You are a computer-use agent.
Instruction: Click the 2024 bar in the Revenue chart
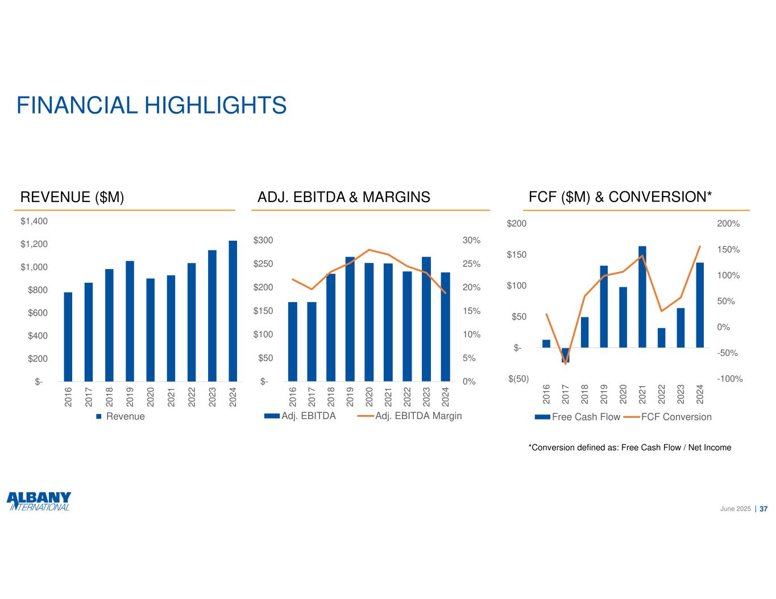pyautogui.click(x=233, y=311)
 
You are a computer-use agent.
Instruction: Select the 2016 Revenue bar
pyautogui.click(x=68, y=337)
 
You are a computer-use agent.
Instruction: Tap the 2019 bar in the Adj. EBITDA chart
pyautogui.click(x=350, y=319)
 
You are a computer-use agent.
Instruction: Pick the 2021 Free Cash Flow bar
pyautogui.click(x=642, y=297)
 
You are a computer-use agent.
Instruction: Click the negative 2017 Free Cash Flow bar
pyautogui.click(x=565, y=355)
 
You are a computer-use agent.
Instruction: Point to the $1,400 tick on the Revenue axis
pyautogui.click(x=35, y=221)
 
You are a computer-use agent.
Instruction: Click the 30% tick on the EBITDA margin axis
pyautogui.click(x=471, y=241)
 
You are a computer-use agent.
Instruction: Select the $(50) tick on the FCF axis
pyautogui.click(x=518, y=379)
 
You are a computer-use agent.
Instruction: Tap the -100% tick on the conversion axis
pyautogui.click(x=730, y=379)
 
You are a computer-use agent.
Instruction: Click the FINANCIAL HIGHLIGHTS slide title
pyautogui.click(x=151, y=106)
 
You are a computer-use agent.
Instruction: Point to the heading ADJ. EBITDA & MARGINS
pyautogui.click(x=344, y=198)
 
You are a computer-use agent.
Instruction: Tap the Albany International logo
pyautogui.click(x=39, y=501)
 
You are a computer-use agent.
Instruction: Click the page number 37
pyautogui.click(x=763, y=509)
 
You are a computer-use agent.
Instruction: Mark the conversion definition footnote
pyautogui.click(x=630, y=448)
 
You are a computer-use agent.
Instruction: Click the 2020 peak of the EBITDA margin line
pyautogui.click(x=369, y=250)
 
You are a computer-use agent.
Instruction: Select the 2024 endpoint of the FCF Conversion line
pyautogui.click(x=700, y=246)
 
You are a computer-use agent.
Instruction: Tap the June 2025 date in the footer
pyautogui.click(x=736, y=509)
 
